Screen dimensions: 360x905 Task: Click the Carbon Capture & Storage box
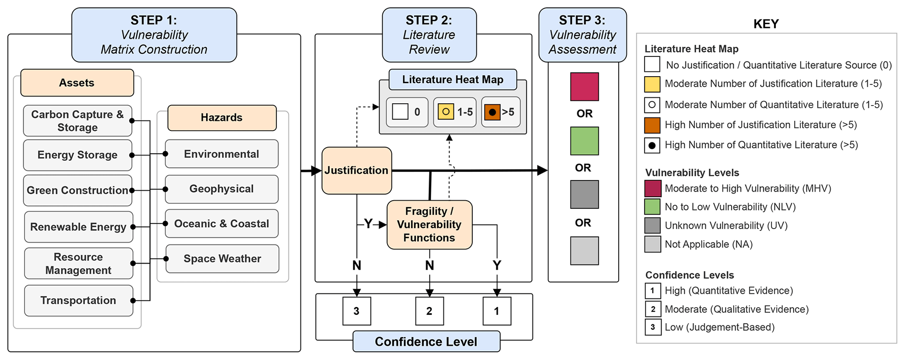tap(77, 121)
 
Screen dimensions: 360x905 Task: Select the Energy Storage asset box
tap(77, 155)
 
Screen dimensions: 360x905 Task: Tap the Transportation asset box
tap(78, 300)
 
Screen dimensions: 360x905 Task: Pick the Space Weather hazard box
tap(222, 259)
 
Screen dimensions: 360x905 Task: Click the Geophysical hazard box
tap(222, 189)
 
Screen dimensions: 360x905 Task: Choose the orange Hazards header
tap(222, 117)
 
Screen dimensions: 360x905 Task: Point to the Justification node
tap(356, 170)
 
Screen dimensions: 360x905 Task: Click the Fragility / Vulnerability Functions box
tap(429, 225)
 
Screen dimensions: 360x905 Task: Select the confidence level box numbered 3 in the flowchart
tap(356, 311)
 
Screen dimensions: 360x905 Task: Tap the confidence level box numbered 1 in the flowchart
tap(497, 311)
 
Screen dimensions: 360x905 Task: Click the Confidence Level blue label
tap(426, 342)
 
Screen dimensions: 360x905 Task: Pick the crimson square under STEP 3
tap(584, 87)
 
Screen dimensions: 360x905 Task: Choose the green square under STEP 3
tap(584, 141)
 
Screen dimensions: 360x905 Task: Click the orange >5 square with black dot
tap(492, 112)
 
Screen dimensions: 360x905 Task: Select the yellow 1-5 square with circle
tap(446, 112)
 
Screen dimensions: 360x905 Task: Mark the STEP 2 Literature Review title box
tap(429, 35)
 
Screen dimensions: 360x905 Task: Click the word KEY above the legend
tap(766, 24)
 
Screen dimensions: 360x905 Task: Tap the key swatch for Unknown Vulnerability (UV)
tap(652, 226)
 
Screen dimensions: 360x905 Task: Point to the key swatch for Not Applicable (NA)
tap(652, 244)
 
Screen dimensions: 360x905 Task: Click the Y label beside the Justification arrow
tap(368, 224)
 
